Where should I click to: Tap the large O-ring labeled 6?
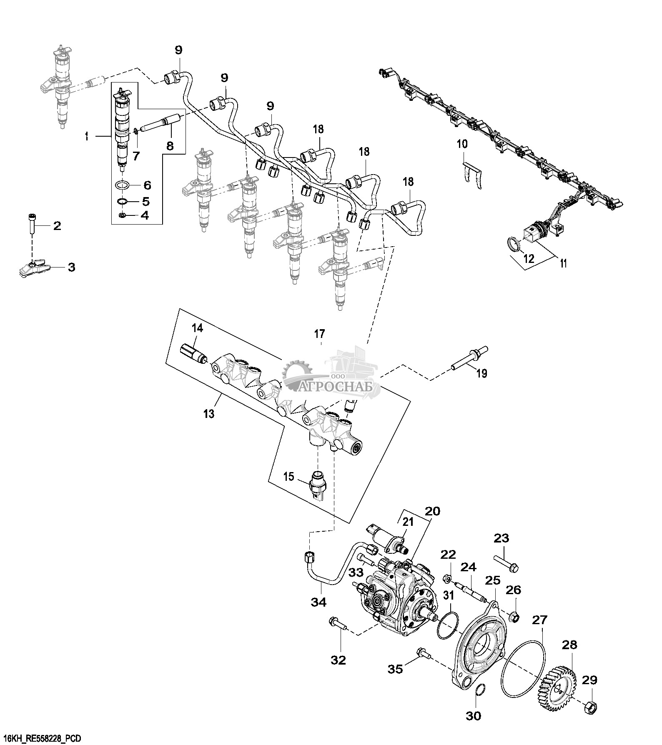pyautogui.click(x=121, y=185)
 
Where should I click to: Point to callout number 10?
pyautogui.click(x=462, y=145)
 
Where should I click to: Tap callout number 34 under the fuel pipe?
pyautogui.click(x=319, y=602)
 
